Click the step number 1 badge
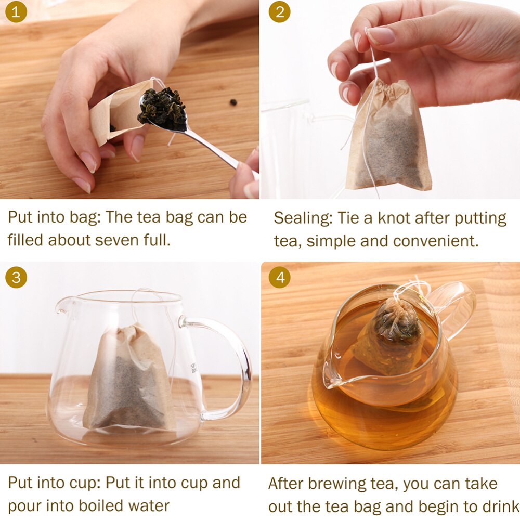tap(16, 12)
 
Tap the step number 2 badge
tap(279, 12)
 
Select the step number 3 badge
tap(16, 278)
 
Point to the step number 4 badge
tap(279, 278)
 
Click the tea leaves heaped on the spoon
tap(163, 108)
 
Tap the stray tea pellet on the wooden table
tap(233, 102)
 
